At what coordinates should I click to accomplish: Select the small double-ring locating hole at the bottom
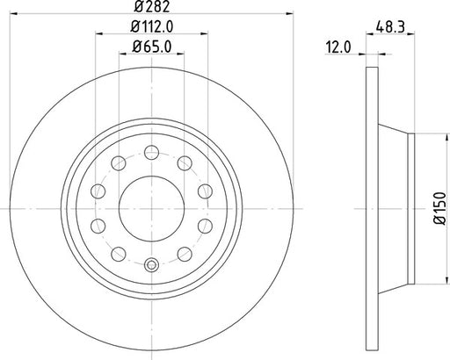tap(150, 267)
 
